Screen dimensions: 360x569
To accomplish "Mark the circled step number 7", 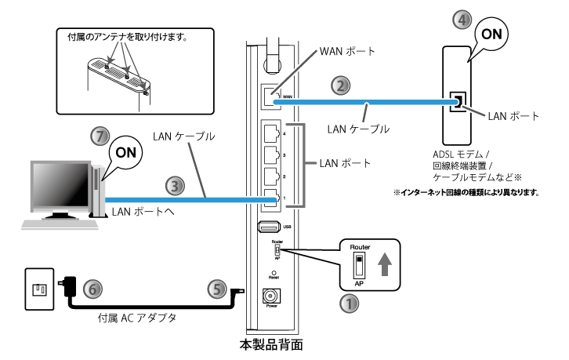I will tap(100, 135).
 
